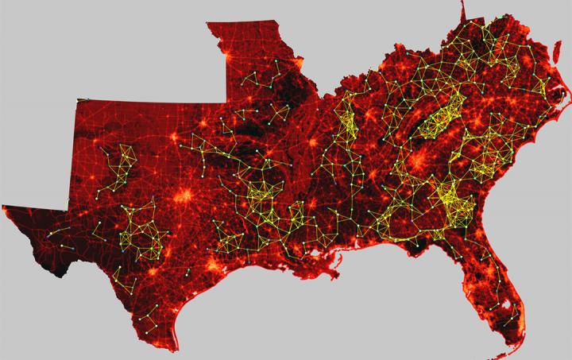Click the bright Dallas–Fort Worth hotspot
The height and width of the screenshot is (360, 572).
[x=185, y=195]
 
